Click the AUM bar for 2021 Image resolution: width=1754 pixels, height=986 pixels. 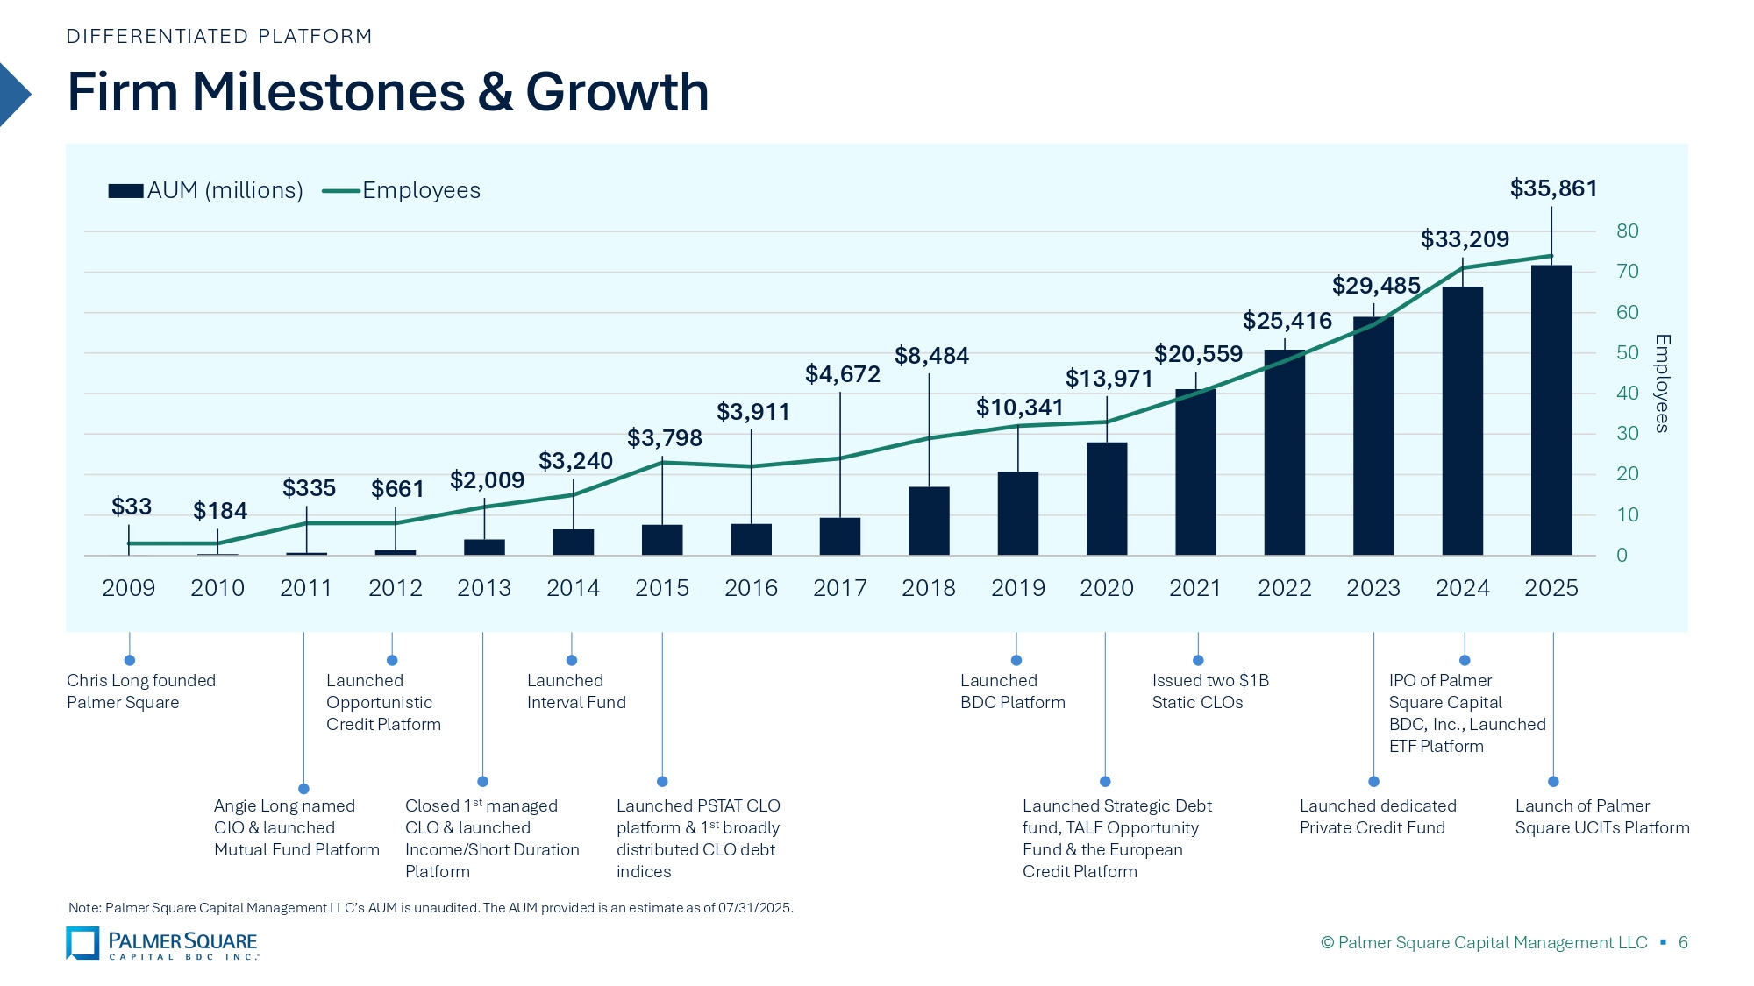tap(1195, 472)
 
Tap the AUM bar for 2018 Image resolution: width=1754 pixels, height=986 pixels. tap(929, 521)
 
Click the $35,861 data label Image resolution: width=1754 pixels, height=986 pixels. tap(1553, 188)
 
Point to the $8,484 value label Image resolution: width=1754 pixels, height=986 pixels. tap(931, 356)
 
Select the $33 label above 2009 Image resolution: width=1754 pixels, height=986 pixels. tap(132, 507)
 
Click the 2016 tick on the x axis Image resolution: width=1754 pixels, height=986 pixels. tap(751, 588)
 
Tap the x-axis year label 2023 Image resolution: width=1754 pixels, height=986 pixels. tap(1373, 588)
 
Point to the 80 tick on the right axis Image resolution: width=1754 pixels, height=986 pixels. tap(1627, 231)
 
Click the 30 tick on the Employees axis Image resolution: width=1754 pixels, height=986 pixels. tap(1627, 434)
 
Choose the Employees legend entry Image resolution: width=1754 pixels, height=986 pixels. tap(421, 191)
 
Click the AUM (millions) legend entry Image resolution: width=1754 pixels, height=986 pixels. tap(225, 191)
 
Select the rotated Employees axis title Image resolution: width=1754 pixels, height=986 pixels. tap(1662, 383)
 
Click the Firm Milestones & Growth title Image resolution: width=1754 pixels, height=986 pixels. tap(388, 92)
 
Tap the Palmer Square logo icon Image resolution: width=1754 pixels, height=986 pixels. tap(82, 943)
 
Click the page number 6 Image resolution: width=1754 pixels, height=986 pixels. tap(1683, 943)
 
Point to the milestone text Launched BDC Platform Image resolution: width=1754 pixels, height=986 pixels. tap(1012, 692)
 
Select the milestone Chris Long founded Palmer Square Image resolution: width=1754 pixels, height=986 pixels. tap(140, 692)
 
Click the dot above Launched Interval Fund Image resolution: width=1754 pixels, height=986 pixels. tap(572, 660)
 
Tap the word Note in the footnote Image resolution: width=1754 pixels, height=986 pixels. tap(83, 908)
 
